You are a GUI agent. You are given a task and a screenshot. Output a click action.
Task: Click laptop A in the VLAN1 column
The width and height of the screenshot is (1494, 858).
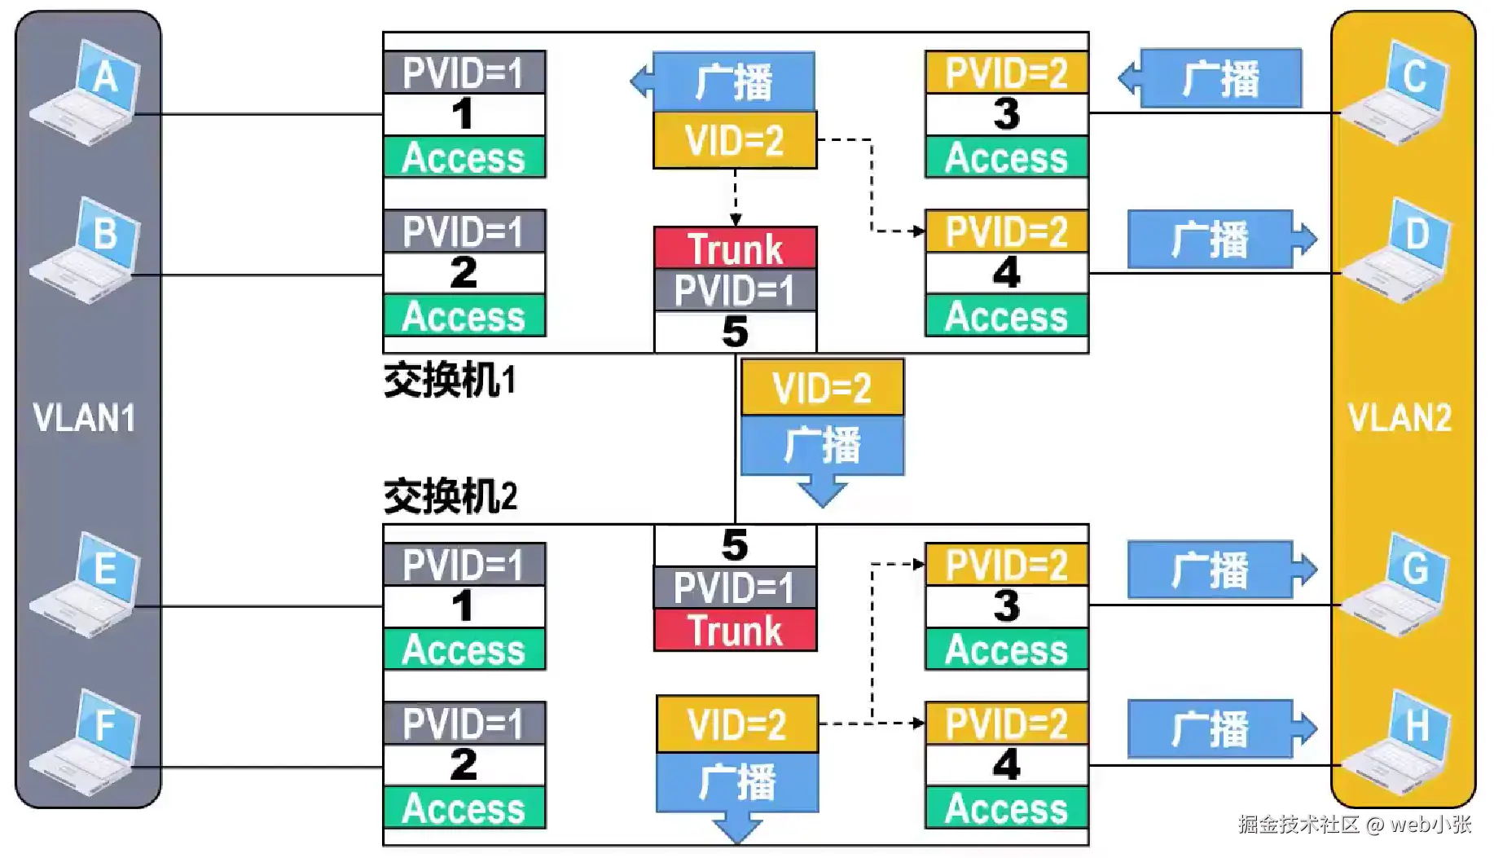click(x=85, y=94)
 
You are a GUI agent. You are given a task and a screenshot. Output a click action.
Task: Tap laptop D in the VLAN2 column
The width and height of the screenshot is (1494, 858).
click(x=1395, y=251)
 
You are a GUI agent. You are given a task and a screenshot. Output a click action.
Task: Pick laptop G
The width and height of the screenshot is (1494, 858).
click(x=1395, y=584)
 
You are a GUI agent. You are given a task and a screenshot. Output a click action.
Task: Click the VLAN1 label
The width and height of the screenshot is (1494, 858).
click(x=84, y=417)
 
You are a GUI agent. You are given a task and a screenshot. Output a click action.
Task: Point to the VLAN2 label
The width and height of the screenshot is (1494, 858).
click(x=1400, y=418)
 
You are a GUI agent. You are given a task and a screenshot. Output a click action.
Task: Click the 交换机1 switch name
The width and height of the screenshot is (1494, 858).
click(x=450, y=381)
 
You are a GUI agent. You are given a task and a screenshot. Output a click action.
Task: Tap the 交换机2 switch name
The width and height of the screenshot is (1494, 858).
click(x=450, y=495)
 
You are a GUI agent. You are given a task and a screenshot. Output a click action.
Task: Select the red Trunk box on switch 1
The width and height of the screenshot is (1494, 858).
click(x=735, y=249)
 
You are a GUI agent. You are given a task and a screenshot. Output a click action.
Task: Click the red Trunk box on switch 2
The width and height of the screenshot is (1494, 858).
click(x=735, y=630)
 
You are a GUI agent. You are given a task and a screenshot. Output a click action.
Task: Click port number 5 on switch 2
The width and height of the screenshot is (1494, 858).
click(x=735, y=545)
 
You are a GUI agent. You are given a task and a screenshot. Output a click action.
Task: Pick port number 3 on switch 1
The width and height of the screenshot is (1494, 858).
click(x=1007, y=114)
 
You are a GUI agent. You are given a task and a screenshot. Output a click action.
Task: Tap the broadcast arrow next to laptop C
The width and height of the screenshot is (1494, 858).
click(x=1210, y=78)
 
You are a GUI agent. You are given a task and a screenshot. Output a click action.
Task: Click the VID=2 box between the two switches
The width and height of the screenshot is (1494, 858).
click(x=822, y=388)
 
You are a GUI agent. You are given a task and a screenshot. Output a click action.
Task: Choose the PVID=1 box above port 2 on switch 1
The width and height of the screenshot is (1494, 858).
click(x=464, y=231)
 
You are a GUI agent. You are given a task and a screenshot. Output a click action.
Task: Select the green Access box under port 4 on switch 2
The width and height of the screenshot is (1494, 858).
click(x=1007, y=807)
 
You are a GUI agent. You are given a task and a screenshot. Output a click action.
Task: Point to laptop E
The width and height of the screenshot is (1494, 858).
click(x=85, y=584)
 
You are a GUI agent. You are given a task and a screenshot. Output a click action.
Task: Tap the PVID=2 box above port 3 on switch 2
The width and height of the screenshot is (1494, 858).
click(x=1007, y=565)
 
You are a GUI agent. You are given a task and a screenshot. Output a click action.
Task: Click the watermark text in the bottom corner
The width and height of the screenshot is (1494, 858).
click(x=1355, y=824)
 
